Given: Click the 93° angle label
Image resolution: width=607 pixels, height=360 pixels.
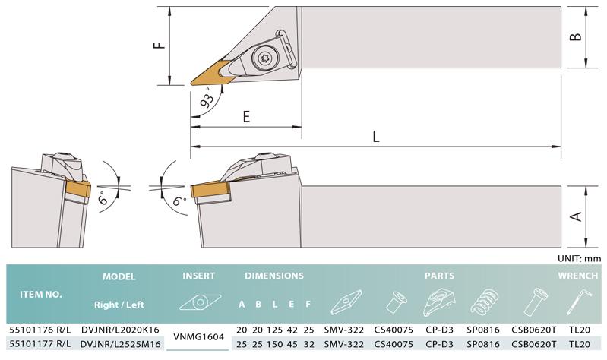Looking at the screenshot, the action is [x=207, y=98].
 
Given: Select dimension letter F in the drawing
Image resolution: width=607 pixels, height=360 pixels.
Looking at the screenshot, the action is [x=159, y=45].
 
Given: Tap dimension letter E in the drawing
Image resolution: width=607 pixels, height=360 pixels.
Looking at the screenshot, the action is [x=246, y=116].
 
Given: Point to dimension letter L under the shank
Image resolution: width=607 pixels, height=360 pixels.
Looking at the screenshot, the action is [x=375, y=136].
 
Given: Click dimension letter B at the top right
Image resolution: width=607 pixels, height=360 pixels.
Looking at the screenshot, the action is [x=576, y=36].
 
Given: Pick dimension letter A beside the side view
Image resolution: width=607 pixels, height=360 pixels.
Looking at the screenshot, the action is [x=576, y=216].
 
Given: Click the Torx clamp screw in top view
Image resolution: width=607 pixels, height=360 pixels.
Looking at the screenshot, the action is [x=265, y=58].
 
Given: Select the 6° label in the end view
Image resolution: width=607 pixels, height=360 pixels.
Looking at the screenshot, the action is [x=103, y=197].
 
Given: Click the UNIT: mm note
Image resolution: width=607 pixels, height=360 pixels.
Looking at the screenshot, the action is [x=579, y=258].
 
